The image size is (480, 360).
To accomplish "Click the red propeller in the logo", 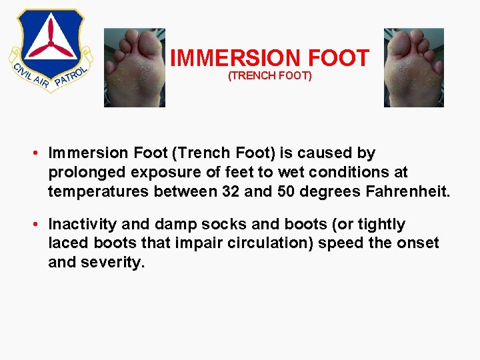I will tap(51, 41).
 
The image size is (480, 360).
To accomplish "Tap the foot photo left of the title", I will tap(134, 67).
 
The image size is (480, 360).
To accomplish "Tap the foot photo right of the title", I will tap(413, 67).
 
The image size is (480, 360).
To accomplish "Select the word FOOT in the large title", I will tap(338, 59).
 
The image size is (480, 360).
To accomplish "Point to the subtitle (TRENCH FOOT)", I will tap(269, 76).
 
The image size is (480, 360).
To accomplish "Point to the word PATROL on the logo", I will tap(69, 76).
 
